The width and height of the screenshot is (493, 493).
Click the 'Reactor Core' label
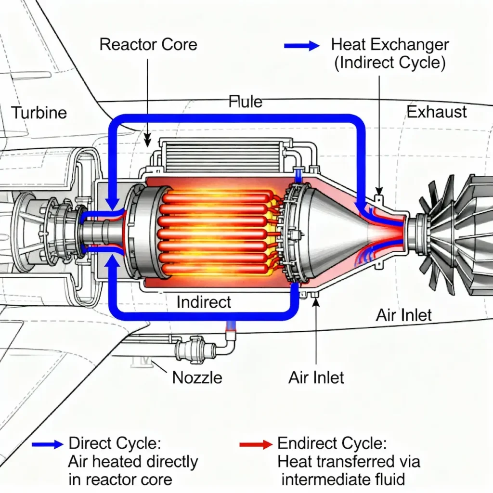pos(148,45)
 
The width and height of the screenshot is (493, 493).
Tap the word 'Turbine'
pos(39,113)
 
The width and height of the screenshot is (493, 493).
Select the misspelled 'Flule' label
pos(246,102)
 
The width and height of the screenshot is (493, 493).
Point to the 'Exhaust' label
pos(437,112)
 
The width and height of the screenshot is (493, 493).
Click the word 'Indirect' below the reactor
pos(204,302)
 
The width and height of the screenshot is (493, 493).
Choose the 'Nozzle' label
pos(197,377)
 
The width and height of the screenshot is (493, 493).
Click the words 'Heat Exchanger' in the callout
pos(390,45)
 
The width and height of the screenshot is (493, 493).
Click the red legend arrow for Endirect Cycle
pos(256,444)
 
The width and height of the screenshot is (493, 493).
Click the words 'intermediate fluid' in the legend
pos(343,480)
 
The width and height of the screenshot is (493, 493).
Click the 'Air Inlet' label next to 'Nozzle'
pos(316,377)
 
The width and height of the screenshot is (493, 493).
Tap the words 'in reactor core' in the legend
pos(120,480)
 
